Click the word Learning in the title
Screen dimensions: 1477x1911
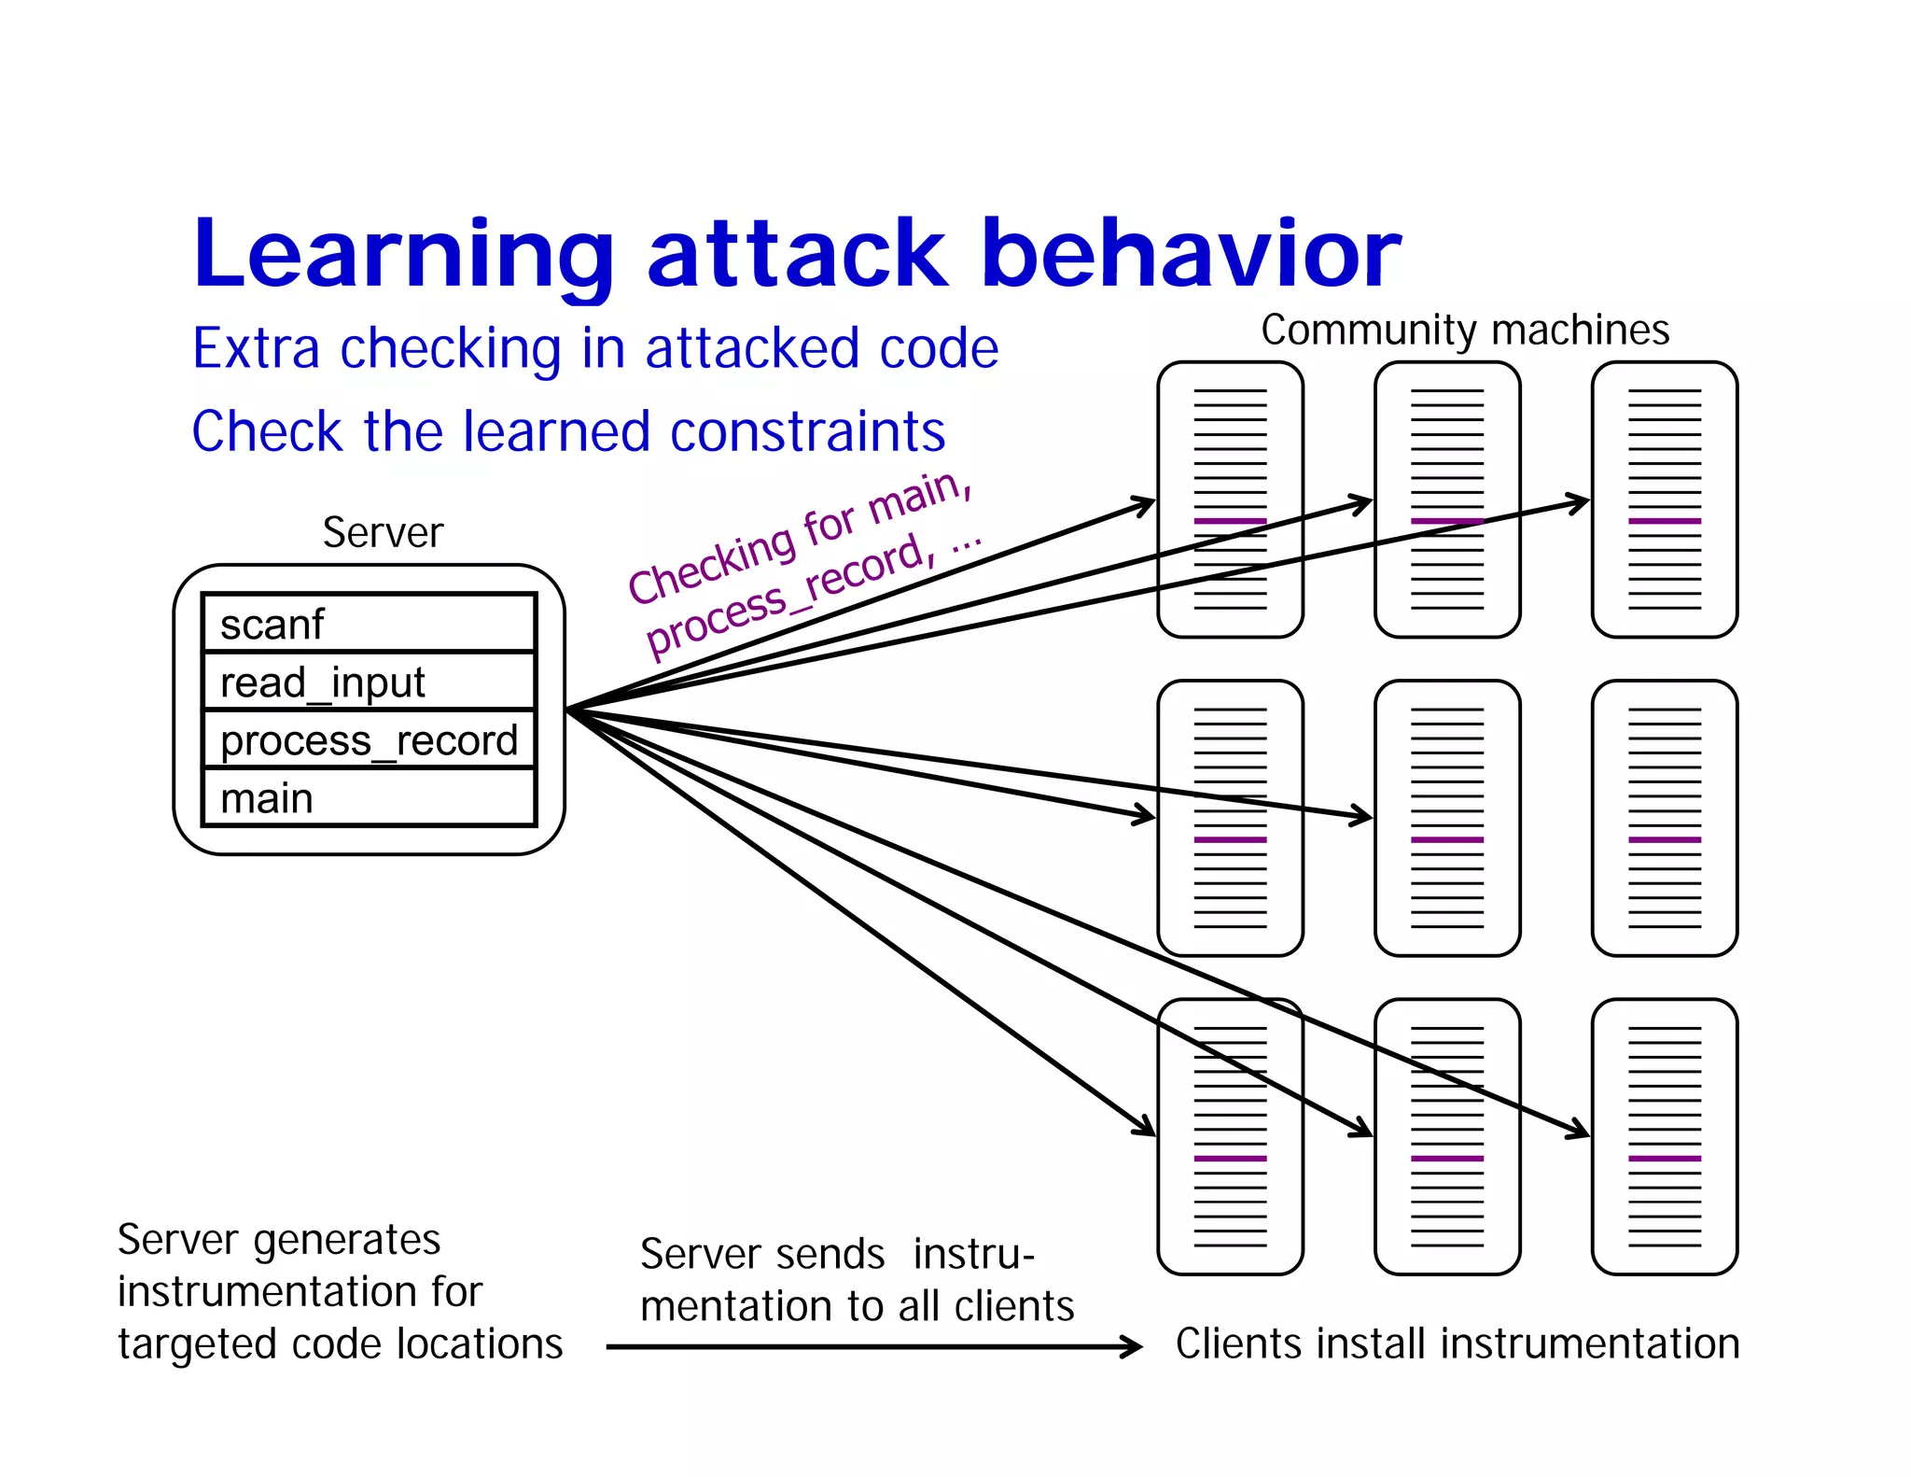click(403, 254)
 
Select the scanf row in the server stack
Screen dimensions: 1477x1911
click(369, 624)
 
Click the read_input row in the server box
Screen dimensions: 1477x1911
click(369, 682)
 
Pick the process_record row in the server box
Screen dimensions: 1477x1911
click(369, 739)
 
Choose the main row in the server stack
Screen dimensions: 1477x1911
click(369, 798)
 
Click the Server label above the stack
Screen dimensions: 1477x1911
click(383, 532)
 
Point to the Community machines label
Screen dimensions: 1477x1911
click(1464, 330)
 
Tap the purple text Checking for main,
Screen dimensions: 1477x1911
click(801, 537)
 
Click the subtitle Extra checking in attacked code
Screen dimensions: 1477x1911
click(594, 348)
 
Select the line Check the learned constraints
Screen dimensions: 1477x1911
click(568, 431)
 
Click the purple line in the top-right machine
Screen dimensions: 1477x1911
click(1664, 521)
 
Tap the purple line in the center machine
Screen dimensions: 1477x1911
click(1446, 840)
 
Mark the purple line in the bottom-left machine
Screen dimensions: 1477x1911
click(1230, 1159)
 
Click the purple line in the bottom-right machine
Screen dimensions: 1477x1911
click(1664, 1159)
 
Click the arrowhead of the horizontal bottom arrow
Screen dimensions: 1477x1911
click(1133, 1346)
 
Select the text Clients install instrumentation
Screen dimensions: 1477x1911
click(1457, 1343)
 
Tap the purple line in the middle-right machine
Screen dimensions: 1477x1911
click(1664, 840)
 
